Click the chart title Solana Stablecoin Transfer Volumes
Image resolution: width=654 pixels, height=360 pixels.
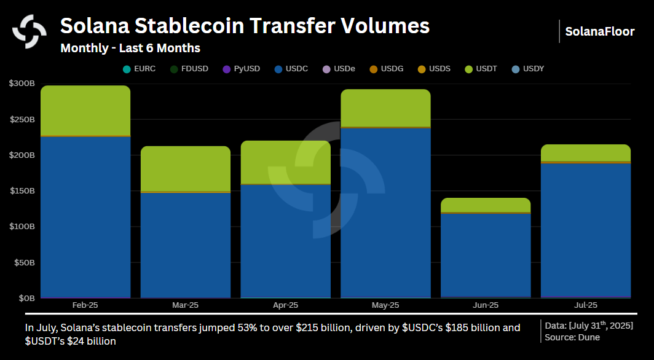coord(245,26)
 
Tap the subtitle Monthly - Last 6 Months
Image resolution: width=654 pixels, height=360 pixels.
coord(130,48)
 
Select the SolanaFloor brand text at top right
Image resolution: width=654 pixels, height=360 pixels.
coord(599,31)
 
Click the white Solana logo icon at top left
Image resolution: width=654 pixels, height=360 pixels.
coord(30,30)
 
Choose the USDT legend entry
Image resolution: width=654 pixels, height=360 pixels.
coord(482,69)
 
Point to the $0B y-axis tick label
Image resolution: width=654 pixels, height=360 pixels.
coord(25,298)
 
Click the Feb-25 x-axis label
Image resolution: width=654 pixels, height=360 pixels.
coord(85,305)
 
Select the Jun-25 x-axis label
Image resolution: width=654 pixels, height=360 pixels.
coord(486,305)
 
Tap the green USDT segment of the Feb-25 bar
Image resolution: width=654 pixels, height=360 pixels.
coord(85,111)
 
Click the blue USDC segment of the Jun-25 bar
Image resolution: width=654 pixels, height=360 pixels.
coord(486,255)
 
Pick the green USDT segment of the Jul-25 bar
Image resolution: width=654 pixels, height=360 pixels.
coord(586,152)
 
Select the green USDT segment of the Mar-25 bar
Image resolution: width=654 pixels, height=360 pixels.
coord(185,168)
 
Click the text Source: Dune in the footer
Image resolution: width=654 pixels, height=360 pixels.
coord(572,337)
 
